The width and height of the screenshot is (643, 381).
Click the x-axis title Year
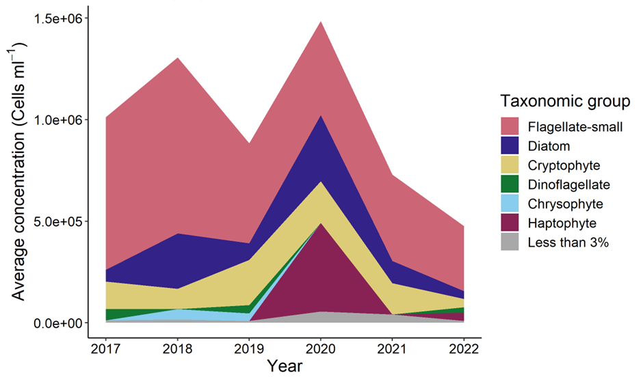click(285, 367)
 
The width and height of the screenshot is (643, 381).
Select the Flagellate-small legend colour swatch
click(510, 126)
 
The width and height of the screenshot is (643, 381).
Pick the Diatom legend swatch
click(510, 145)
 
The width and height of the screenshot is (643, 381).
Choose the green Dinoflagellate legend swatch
click(510, 184)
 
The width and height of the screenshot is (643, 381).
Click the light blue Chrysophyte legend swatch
click(510, 203)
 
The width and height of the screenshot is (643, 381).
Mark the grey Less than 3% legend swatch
click(510, 242)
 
